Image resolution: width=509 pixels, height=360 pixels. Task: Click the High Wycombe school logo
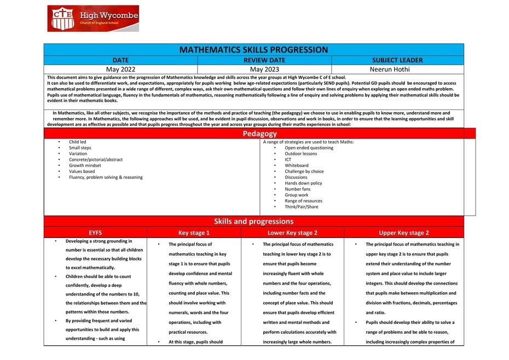[93, 19]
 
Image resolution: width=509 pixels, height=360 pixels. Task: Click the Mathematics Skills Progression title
[253, 50]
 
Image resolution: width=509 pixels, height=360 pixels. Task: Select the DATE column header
[120, 60]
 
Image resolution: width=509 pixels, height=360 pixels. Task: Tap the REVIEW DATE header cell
[264, 60]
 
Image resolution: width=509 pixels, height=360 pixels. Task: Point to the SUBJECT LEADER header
[397, 60]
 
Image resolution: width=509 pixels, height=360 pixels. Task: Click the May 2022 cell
[120, 69]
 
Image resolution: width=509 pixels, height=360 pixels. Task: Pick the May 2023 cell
[264, 69]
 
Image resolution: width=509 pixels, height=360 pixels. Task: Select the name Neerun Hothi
[397, 69]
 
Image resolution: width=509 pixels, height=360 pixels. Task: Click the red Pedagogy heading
[259, 133]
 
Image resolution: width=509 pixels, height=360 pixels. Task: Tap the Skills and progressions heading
[253, 222]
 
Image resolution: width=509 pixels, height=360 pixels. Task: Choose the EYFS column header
[95, 233]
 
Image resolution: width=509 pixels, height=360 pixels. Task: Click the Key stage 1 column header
[194, 233]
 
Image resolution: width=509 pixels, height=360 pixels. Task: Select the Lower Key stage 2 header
[292, 233]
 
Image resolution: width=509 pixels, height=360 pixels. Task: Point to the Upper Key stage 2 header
[404, 233]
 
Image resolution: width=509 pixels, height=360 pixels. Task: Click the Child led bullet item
[77, 142]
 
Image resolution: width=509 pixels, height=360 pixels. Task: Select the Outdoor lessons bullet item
[300, 154]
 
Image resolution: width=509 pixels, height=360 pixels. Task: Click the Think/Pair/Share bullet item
[301, 207]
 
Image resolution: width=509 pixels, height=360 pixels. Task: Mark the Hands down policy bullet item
[303, 183]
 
